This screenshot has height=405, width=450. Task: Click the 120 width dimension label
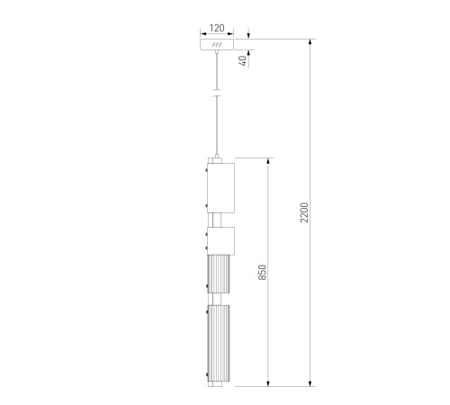[217, 28]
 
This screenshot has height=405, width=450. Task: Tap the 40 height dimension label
[243, 60]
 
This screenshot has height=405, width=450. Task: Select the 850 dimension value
[262, 272]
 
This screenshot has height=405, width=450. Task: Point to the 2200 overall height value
[304, 212]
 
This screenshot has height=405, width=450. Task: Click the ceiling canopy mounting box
[217, 44]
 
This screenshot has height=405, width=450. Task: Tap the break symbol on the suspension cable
[217, 93]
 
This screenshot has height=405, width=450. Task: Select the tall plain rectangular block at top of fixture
[220, 188]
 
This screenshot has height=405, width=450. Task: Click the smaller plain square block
[220, 241]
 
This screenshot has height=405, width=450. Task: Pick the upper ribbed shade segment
[219, 274]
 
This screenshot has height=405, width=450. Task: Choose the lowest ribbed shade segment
[219, 344]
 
